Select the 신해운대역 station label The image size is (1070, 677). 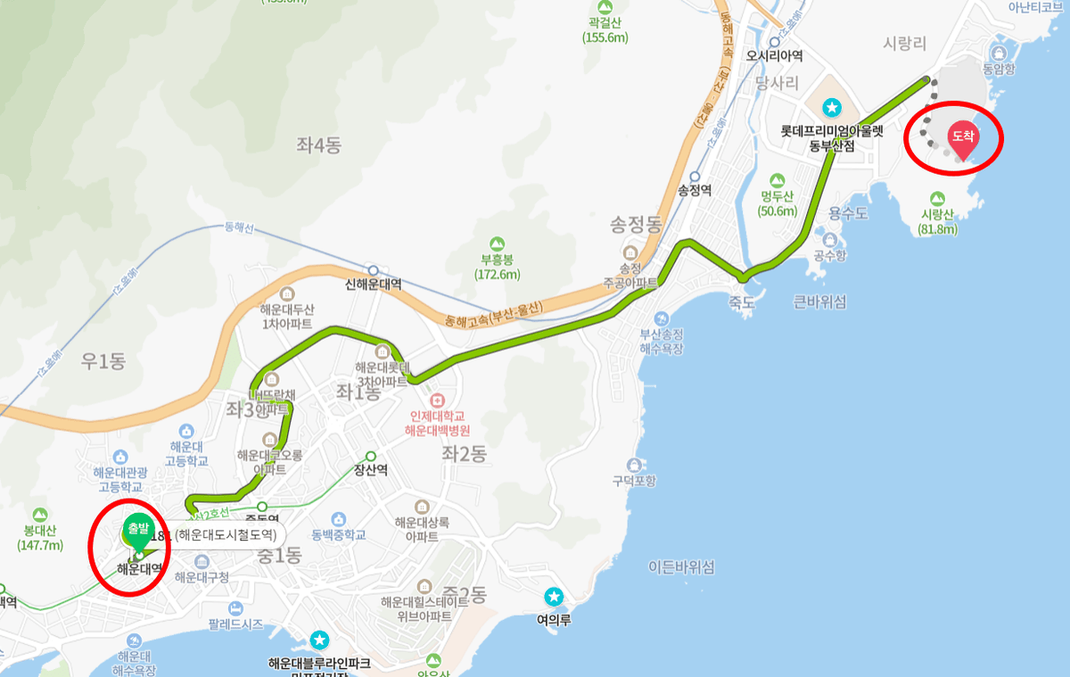pyautogui.click(x=373, y=285)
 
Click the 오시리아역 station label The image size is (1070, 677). pyautogui.click(x=775, y=55)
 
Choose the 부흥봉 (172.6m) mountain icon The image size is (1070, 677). pyautogui.click(x=498, y=244)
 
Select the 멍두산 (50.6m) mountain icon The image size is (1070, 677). pyautogui.click(x=778, y=179)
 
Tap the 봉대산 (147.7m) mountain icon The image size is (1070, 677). pyautogui.click(x=39, y=515)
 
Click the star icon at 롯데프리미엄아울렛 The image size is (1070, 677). pyautogui.click(x=832, y=108)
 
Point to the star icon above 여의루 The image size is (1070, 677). pyautogui.click(x=554, y=596)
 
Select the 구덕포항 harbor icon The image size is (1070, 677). pyautogui.click(x=634, y=465)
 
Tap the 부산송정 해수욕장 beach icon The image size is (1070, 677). pyautogui.click(x=661, y=318)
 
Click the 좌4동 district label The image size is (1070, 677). pyautogui.click(x=319, y=144)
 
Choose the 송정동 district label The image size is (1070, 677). pyautogui.click(x=635, y=222)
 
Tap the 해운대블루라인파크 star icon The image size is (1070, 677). pyautogui.click(x=319, y=640)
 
